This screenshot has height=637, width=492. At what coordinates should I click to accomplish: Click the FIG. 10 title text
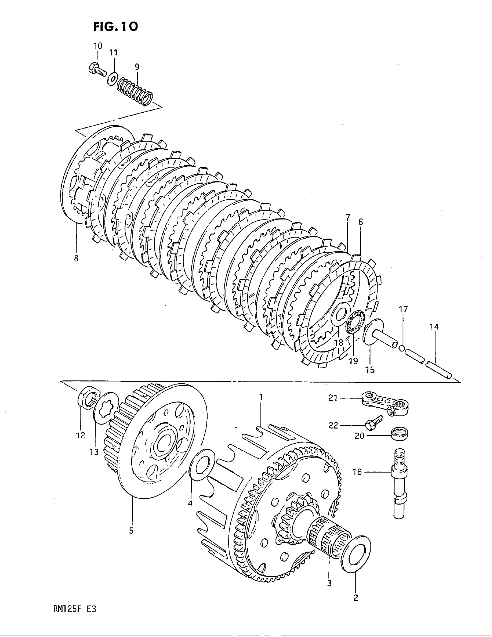click(116, 27)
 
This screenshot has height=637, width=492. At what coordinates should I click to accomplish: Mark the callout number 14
click(434, 327)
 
